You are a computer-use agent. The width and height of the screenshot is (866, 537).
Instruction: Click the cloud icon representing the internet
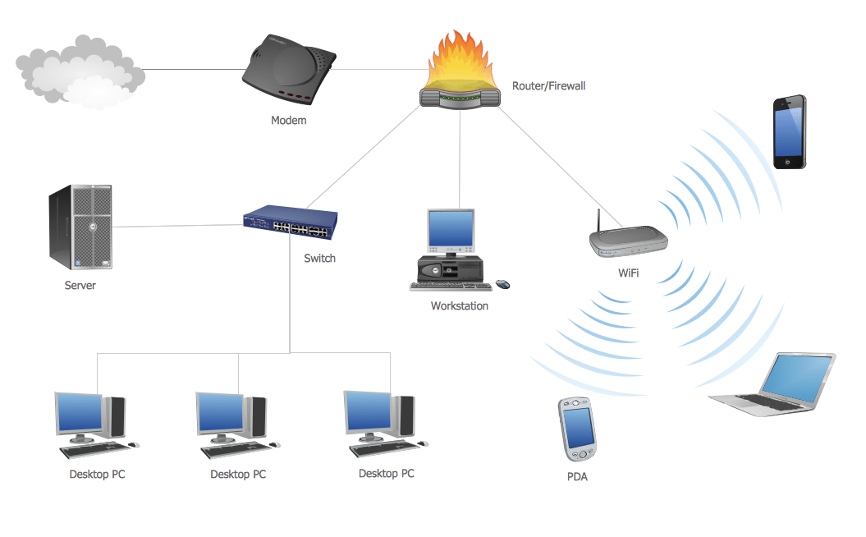pos(80,71)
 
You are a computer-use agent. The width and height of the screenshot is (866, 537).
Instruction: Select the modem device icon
pos(288,71)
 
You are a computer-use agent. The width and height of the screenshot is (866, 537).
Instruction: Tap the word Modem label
pos(288,121)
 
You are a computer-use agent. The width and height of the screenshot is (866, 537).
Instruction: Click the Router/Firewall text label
pos(548,85)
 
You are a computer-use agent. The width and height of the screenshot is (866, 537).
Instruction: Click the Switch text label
pos(319,258)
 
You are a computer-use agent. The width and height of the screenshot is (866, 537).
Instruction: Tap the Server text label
pos(80,286)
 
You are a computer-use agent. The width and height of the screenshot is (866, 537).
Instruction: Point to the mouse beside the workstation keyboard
pos(502,284)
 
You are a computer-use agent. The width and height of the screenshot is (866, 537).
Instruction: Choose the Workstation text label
pos(459,306)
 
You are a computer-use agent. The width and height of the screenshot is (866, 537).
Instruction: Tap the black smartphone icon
pos(789,132)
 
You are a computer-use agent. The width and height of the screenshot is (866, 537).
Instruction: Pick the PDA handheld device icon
pos(577,429)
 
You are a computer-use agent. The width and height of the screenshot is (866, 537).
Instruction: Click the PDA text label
pos(577,476)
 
